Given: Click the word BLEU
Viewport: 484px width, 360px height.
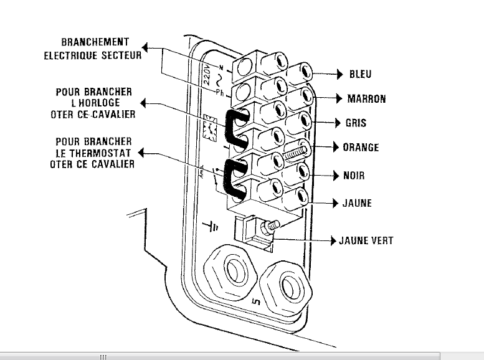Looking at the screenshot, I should (x=360, y=74).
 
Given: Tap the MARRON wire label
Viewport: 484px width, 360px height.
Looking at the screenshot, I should (x=367, y=98).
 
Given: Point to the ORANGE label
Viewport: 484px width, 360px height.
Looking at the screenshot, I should (x=361, y=148).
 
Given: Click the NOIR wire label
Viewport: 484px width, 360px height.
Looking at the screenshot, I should (x=354, y=176).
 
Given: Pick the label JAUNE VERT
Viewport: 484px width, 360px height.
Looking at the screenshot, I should (x=366, y=240).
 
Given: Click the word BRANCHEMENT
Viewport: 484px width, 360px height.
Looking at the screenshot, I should (x=95, y=42).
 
